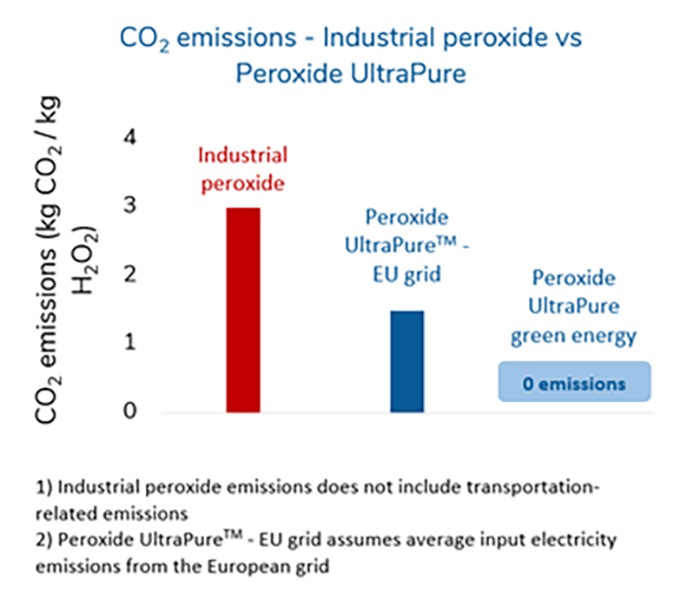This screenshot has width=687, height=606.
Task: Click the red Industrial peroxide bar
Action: click(242, 310)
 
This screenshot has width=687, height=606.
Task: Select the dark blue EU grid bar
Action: click(406, 361)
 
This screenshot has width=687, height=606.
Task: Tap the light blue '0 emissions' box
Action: click(573, 383)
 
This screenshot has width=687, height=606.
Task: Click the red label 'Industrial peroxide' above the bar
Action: click(242, 170)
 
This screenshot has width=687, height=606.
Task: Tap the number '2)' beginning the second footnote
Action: click(42, 540)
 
